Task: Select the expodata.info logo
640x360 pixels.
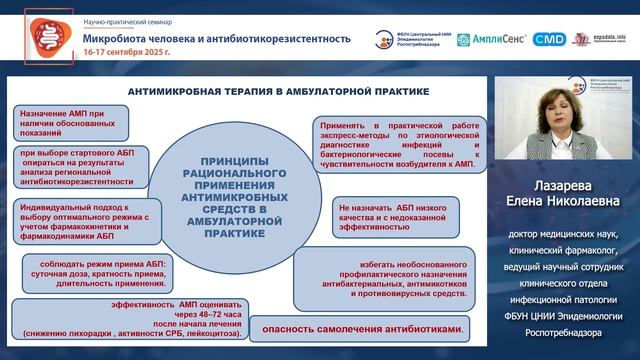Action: point(598,40)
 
